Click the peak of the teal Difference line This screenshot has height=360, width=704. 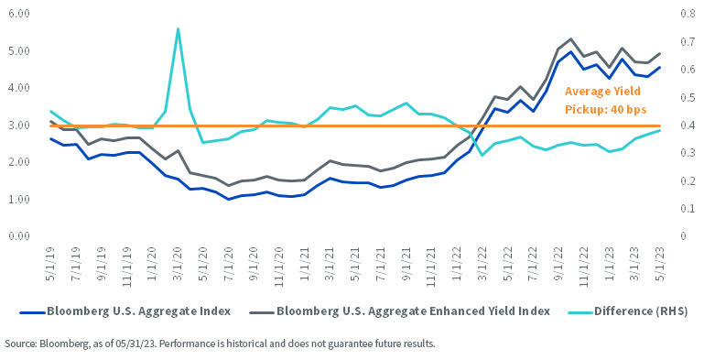[178, 28]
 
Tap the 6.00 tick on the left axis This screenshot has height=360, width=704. [18, 15]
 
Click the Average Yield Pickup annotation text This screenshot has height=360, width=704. [605, 100]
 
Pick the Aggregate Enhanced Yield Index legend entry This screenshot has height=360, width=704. [414, 311]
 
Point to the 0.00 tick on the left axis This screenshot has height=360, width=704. [18, 236]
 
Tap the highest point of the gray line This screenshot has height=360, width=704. [571, 39]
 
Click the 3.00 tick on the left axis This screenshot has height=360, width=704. [18, 125]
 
